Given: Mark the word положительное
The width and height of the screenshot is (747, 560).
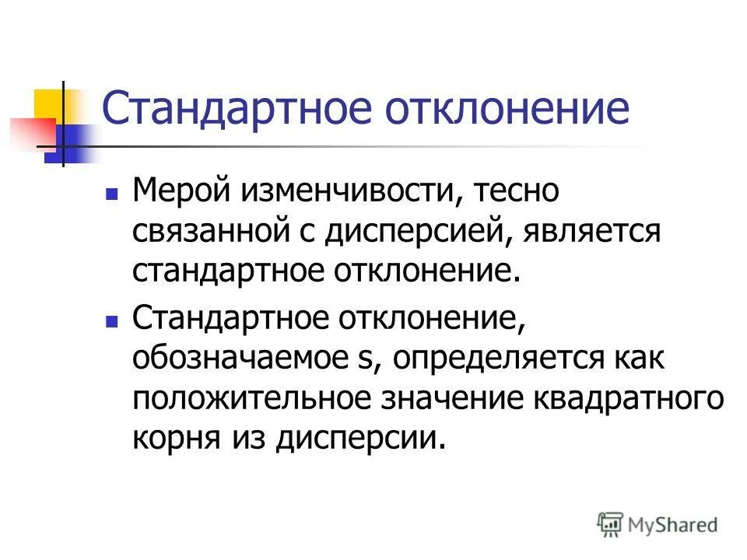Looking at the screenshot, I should point(254,399).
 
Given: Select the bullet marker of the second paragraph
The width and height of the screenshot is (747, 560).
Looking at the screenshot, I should point(112,318).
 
